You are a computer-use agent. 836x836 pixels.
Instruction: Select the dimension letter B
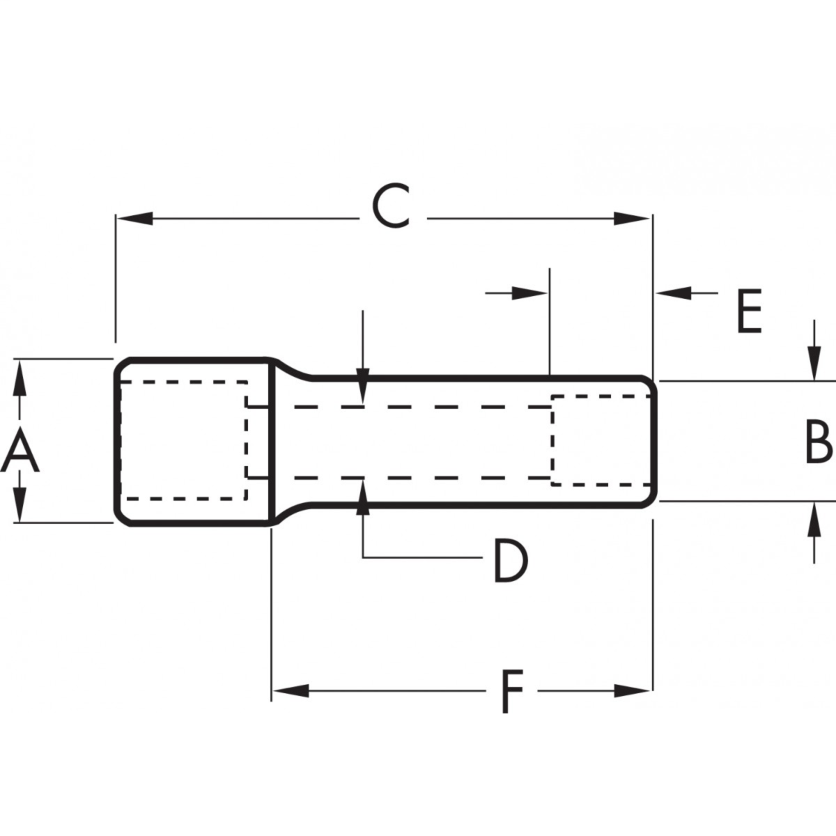tap(818, 442)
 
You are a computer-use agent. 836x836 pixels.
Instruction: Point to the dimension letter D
tap(510, 562)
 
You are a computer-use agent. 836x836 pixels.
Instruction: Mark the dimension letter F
tap(511, 691)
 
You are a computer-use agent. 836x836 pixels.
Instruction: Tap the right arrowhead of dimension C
tap(633, 219)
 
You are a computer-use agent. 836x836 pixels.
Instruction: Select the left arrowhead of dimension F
tap(290, 691)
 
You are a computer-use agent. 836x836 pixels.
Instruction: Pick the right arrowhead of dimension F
tap(633, 691)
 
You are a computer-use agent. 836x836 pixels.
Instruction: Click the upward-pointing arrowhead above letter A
tap(20, 378)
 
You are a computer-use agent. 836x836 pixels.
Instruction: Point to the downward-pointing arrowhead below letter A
tap(20, 504)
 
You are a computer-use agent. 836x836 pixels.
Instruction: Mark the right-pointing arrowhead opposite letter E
tap(529, 293)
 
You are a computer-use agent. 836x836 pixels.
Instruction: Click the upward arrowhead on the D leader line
tap(362, 497)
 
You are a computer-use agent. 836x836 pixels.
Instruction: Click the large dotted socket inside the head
tap(183, 440)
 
